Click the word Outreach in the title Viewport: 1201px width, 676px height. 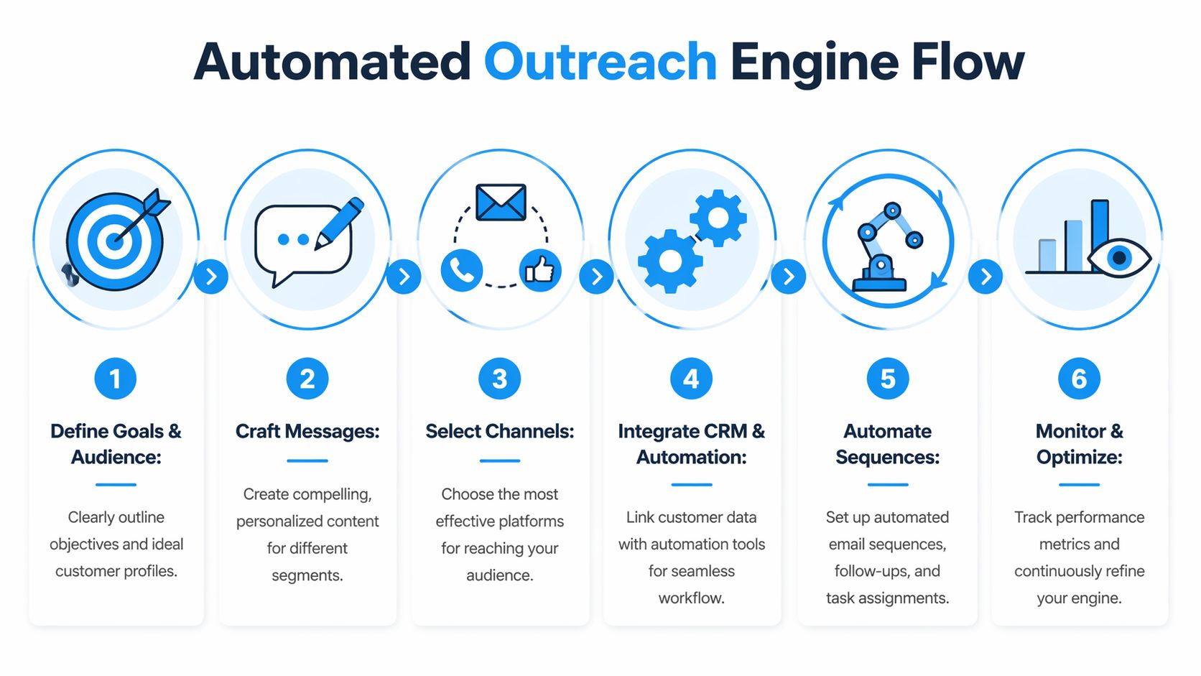[x=600, y=62]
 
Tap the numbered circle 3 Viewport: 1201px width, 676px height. [x=499, y=379]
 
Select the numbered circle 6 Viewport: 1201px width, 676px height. [x=1078, y=379]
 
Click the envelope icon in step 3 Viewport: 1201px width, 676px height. [x=501, y=202]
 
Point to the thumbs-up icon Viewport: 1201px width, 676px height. [x=540, y=271]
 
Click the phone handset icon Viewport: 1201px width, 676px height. [x=461, y=271]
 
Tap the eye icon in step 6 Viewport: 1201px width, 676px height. [x=1118, y=257]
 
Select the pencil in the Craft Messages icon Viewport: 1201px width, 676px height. [x=340, y=223]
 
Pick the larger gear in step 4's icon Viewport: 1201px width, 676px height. [x=669, y=261]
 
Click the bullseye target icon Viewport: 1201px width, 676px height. [x=115, y=241]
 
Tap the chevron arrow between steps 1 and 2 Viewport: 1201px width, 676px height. [x=211, y=277]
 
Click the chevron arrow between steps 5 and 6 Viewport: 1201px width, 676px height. [x=986, y=277]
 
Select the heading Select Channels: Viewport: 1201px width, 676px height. [x=499, y=431]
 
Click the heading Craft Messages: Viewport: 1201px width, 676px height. [x=307, y=431]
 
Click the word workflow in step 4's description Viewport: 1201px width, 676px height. [x=690, y=598]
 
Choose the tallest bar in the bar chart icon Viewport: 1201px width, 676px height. [x=1099, y=236]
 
